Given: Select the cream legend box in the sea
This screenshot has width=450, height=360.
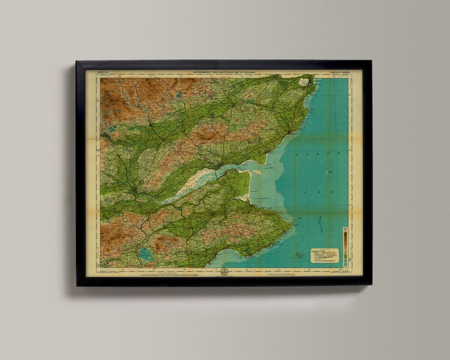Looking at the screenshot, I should pos(324,255).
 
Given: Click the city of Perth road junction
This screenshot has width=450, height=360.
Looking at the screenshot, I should pos(135,190).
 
